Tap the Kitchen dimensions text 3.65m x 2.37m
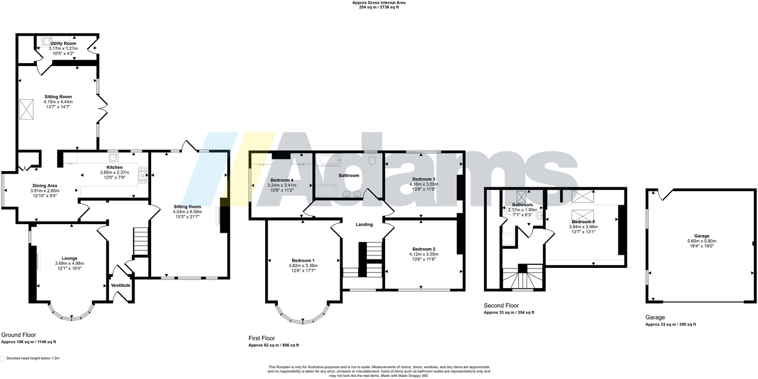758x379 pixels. [111, 172]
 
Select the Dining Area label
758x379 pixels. [45, 186]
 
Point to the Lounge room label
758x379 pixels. [70, 258]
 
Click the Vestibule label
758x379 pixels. [121, 286]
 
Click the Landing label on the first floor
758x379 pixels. [364, 225]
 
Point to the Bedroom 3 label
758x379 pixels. [423, 179]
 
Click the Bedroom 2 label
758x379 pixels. [423, 249]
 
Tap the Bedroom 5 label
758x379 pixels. [583, 222]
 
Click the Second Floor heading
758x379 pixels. [501, 306]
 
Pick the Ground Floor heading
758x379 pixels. [18, 335]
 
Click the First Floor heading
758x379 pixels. [262, 338]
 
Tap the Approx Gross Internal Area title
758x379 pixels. [378, 3]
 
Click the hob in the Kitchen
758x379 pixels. [143, 175]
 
